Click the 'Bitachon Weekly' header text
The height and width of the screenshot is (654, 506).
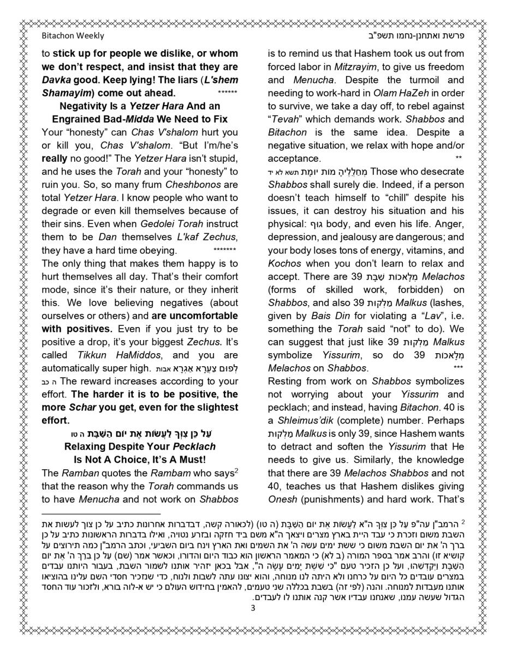point(73,36)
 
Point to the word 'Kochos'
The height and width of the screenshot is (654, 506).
point(281,263)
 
